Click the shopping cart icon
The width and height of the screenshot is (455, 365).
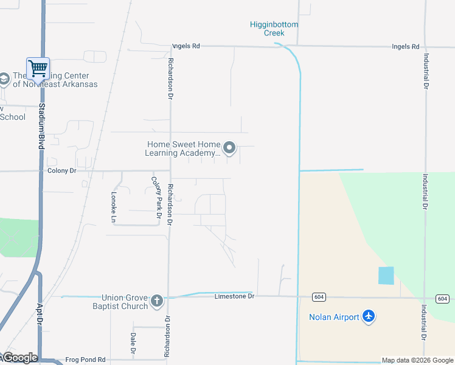(38, 68)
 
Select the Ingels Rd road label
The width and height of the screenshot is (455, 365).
(406, 46)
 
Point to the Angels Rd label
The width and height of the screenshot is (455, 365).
(186, 46)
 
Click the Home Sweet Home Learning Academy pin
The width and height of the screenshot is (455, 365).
(229, 148)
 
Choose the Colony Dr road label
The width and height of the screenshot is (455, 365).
(61, 171)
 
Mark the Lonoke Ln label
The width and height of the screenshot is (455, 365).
(114, 207)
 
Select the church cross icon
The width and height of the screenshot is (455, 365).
(157, 301)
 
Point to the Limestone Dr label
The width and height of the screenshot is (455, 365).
(234, 296)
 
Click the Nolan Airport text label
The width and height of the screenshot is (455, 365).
(334, 316)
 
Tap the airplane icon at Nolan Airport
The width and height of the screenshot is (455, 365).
(368, 316)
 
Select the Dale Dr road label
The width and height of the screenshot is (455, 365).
(133, 343)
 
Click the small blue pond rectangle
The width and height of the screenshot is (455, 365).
(386, 276)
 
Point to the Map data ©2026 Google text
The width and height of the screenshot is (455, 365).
(417, 360)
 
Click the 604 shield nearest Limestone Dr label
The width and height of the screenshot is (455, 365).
(319, 297)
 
